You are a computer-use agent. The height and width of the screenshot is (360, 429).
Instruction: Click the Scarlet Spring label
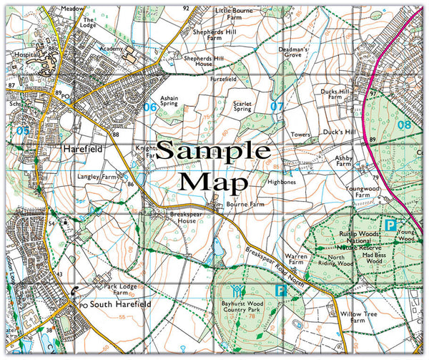pos(243,106)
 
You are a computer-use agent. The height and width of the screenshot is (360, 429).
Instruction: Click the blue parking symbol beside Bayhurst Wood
pos(282,291)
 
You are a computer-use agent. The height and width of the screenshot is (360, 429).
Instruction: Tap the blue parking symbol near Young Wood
pos(390,225)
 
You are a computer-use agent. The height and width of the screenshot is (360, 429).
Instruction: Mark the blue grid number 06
pos(149,107)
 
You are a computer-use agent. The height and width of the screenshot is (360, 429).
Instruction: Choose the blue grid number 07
pos(277,107)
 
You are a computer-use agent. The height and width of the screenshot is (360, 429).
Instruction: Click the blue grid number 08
pos(405,125)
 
